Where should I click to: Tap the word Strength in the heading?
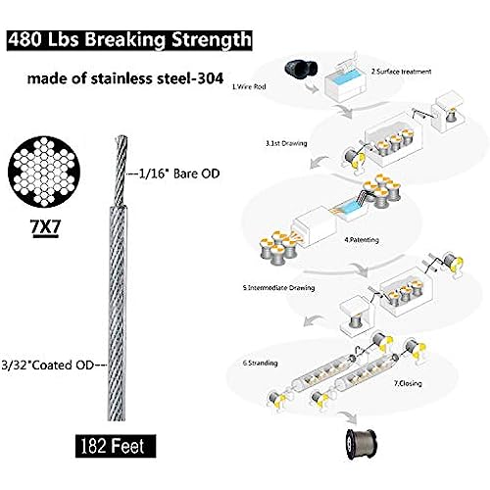212,40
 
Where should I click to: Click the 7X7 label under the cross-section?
45,226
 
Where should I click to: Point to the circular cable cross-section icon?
44,171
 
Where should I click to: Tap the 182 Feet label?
116,446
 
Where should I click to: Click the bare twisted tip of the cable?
121,171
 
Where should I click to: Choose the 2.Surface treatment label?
401,72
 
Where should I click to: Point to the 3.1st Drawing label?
286,143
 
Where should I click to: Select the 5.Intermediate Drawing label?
278,288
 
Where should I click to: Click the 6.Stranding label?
260,363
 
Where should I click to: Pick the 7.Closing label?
408,383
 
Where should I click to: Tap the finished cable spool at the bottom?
362,444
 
